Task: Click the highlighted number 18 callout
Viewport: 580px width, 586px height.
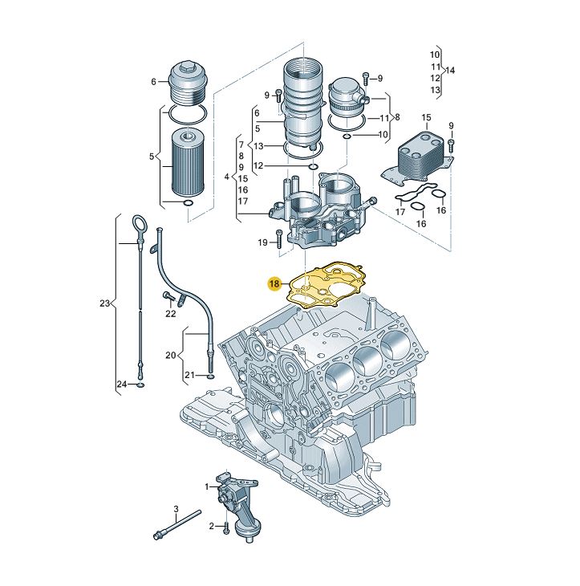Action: click(x=274, y=283)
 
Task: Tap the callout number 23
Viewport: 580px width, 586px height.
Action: click(x=104, y=303)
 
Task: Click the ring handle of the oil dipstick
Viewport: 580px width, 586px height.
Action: click(x=139, y=225)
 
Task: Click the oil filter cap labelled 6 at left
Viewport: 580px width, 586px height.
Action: click(x=188, y=84)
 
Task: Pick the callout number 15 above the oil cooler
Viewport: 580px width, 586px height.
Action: click(x=426, y=118)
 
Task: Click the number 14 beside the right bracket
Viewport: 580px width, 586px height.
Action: click(x=450, y=71)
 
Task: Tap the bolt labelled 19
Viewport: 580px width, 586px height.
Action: click(x=278, y=239)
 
